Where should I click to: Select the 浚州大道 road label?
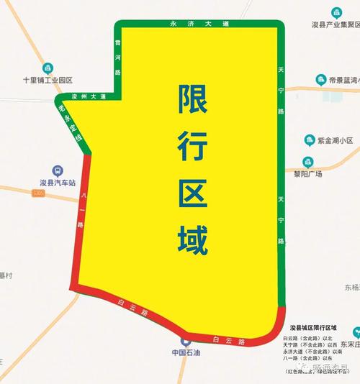[x=89, y=96]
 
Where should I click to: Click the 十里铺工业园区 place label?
[x=48, y=80]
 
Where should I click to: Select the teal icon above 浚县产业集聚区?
[x=336, y=12]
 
